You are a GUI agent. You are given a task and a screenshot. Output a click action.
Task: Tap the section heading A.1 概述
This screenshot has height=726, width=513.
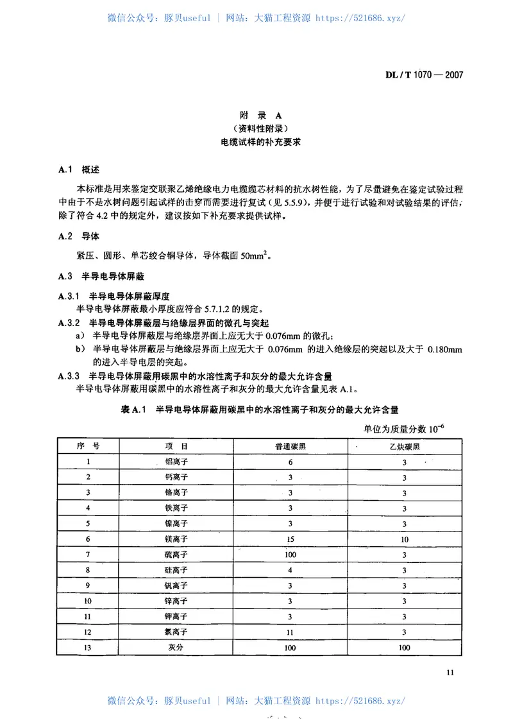[79, 170]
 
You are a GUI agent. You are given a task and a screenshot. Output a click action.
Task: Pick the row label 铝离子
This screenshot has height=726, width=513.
[176, 462]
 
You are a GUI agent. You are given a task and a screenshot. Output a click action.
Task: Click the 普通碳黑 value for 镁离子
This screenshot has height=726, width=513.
[290, 539]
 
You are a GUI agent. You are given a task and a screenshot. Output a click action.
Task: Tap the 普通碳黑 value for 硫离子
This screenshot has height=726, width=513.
[290, 554]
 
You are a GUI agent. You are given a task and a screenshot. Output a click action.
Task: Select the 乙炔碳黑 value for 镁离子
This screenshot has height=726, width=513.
[405, 539]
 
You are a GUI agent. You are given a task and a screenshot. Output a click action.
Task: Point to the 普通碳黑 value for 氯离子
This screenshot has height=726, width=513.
[290, 632]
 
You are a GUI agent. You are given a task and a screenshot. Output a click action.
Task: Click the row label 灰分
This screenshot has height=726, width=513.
[176, 648]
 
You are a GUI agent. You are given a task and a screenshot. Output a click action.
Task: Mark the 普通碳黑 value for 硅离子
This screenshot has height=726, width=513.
[290, 570]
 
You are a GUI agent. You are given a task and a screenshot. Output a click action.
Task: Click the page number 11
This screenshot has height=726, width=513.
[449, 672]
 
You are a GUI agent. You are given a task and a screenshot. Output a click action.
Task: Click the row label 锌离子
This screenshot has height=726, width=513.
[176, 601]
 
